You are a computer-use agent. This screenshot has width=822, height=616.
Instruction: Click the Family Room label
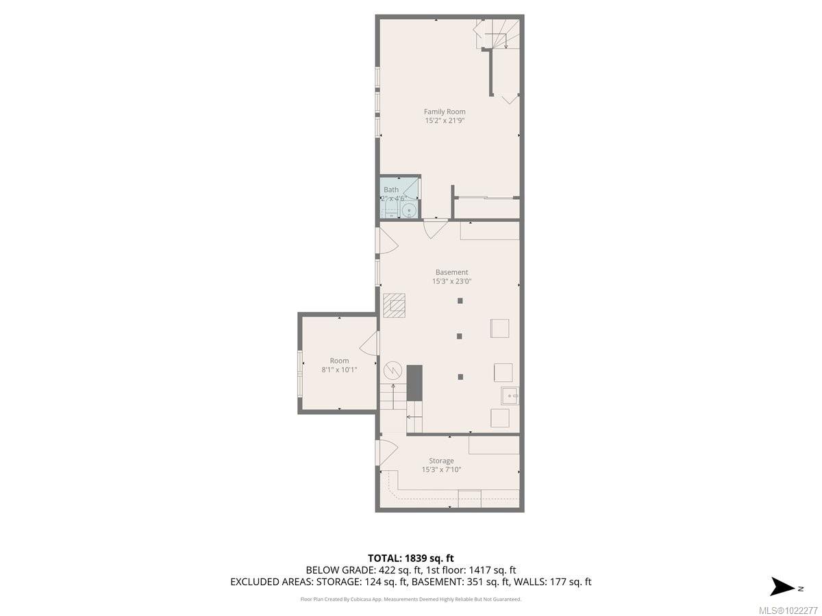tap(444, 112)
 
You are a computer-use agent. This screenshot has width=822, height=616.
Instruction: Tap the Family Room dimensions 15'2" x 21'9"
tap(444, 120)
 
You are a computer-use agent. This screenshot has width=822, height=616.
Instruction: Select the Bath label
tap(390, 190)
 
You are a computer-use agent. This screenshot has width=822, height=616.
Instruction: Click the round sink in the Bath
tap(408, 210)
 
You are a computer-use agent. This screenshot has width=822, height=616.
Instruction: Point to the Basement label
tap(451, 272)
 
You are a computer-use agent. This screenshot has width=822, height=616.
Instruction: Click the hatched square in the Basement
tap(394, 305)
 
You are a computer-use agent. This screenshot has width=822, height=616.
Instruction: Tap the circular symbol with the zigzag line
tap(393, 370)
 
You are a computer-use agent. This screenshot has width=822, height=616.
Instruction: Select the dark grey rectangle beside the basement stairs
tap(414, 382)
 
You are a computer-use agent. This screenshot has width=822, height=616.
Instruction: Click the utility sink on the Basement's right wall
tap(509, 396)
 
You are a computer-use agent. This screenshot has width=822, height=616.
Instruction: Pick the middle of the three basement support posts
tap(460, 336)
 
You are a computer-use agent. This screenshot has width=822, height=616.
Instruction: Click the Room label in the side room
tap(339, 361)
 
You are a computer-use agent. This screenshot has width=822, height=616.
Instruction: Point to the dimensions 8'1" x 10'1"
tap(339, 370)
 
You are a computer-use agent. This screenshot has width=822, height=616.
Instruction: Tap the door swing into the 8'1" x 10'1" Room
tap(369, 343)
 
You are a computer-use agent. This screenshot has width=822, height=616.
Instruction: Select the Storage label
tap(441, 461)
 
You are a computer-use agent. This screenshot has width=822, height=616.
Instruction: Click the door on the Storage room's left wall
tap(387, 452)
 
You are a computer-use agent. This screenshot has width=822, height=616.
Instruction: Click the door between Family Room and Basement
tap(435, 228)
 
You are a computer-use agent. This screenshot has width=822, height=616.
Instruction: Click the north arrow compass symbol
tap(782, 587)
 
